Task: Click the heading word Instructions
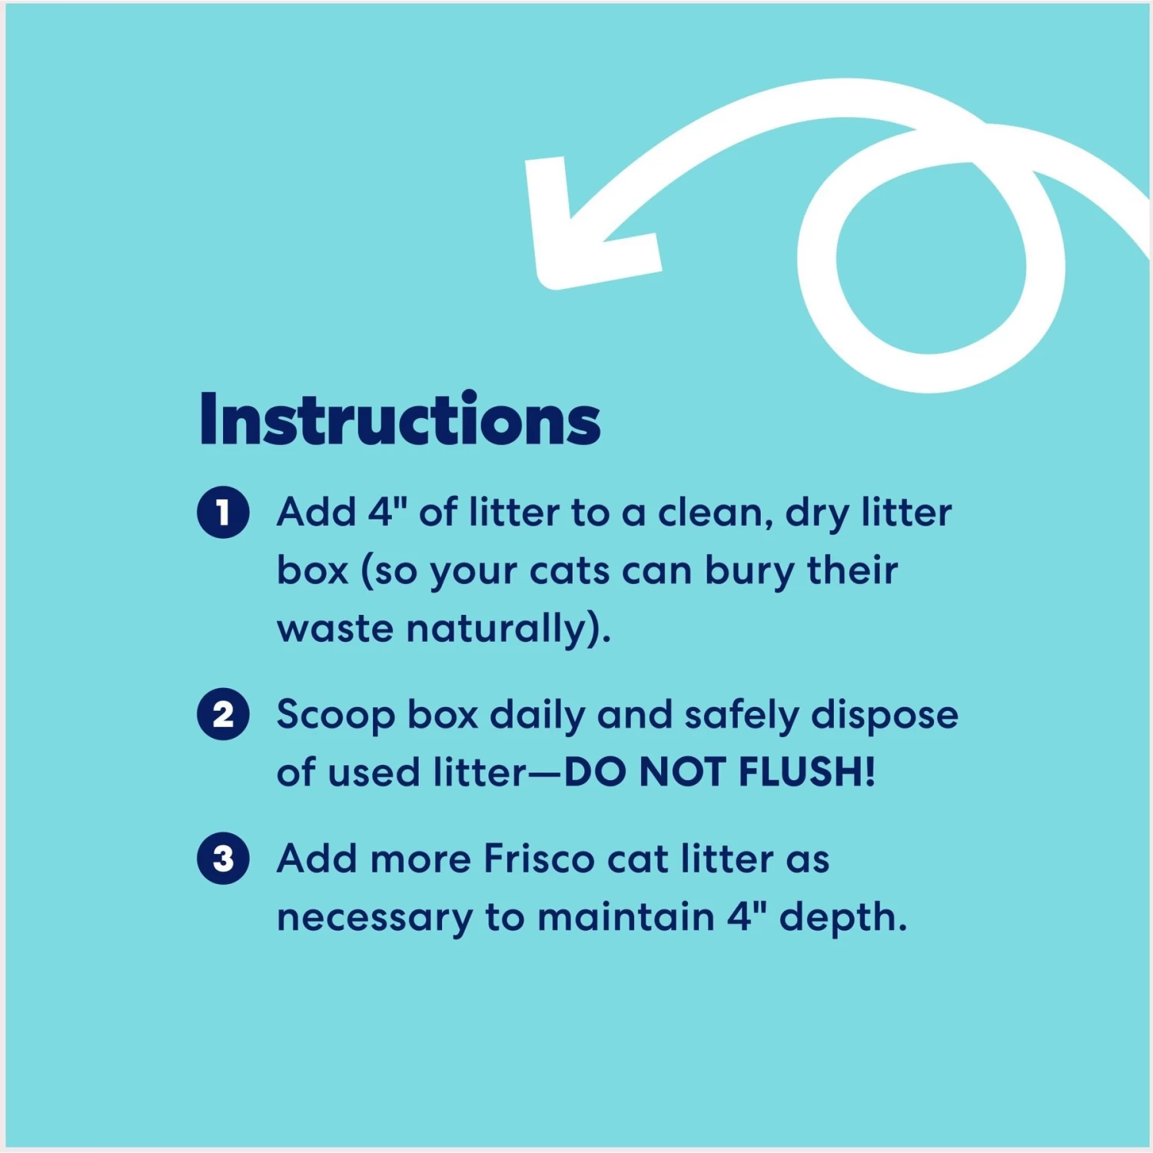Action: click(x=400, y=420)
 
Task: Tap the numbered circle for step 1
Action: click(x=223, y=512)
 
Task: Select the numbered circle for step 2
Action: click(x=223, y=714)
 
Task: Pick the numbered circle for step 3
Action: click(x=223, y=858)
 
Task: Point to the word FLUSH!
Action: click(x=807, y=772)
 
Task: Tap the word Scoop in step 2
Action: click(x=336, y=716)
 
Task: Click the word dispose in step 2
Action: click(x=885, y=716)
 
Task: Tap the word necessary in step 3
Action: click(x=375, y=918)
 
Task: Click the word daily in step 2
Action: click(x=537, y=716)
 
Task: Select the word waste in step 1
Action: click(x=335, y=629)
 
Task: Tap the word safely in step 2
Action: click(x=742, y=716)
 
